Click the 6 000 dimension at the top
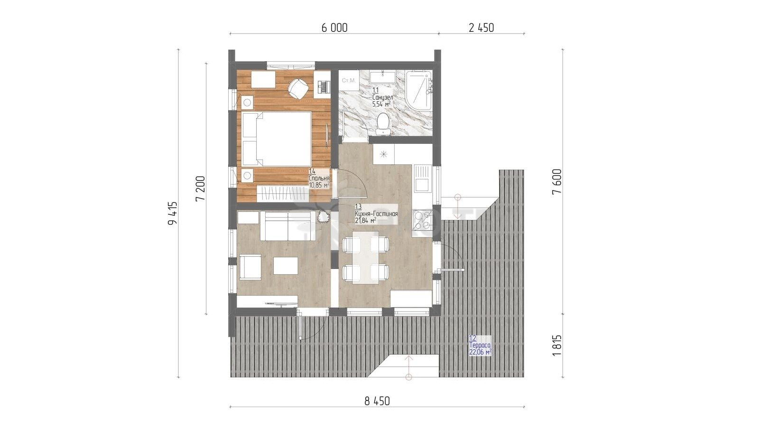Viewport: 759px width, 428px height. (334, 28)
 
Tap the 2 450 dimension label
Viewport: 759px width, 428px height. (481, 28)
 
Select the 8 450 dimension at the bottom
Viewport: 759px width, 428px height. (377, 401)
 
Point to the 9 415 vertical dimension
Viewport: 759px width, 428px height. (173, 213)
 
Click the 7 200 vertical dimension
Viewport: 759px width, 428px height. (200, 189)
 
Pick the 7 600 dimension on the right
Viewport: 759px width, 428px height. (557, 181)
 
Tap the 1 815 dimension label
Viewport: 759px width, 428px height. (557, 345)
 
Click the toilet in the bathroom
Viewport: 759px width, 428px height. (383, 124)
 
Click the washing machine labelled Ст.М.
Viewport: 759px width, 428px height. (349, 80)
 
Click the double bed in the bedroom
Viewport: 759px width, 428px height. (277, 139)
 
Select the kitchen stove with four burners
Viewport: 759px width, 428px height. (423, 219)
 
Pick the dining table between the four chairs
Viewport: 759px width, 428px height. (366, 257)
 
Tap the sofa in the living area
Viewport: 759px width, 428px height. (288, 226)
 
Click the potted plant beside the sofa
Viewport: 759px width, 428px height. (323, 217)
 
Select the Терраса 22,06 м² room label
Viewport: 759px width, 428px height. (480, 345)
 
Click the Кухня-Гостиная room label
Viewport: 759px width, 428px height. (376, 214)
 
